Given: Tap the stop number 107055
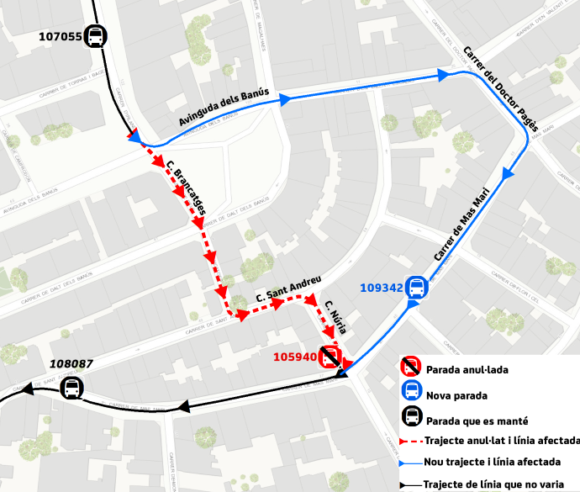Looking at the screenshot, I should (x=60, y=36).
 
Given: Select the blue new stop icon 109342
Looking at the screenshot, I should (x=415, y=288).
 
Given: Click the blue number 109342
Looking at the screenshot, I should (x=382, y=288).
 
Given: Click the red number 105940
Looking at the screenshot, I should (x=294, y=357).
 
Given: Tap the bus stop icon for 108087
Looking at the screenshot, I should (x=73, y=389).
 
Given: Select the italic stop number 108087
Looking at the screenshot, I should (x=71, y=364).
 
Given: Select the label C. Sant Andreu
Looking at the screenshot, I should (x=289, y=291).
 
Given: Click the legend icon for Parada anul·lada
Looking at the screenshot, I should (x=411, y=367).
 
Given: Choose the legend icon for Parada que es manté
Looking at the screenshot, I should (x=411, y=415).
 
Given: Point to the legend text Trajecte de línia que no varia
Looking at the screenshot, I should (x=500, y=484).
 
